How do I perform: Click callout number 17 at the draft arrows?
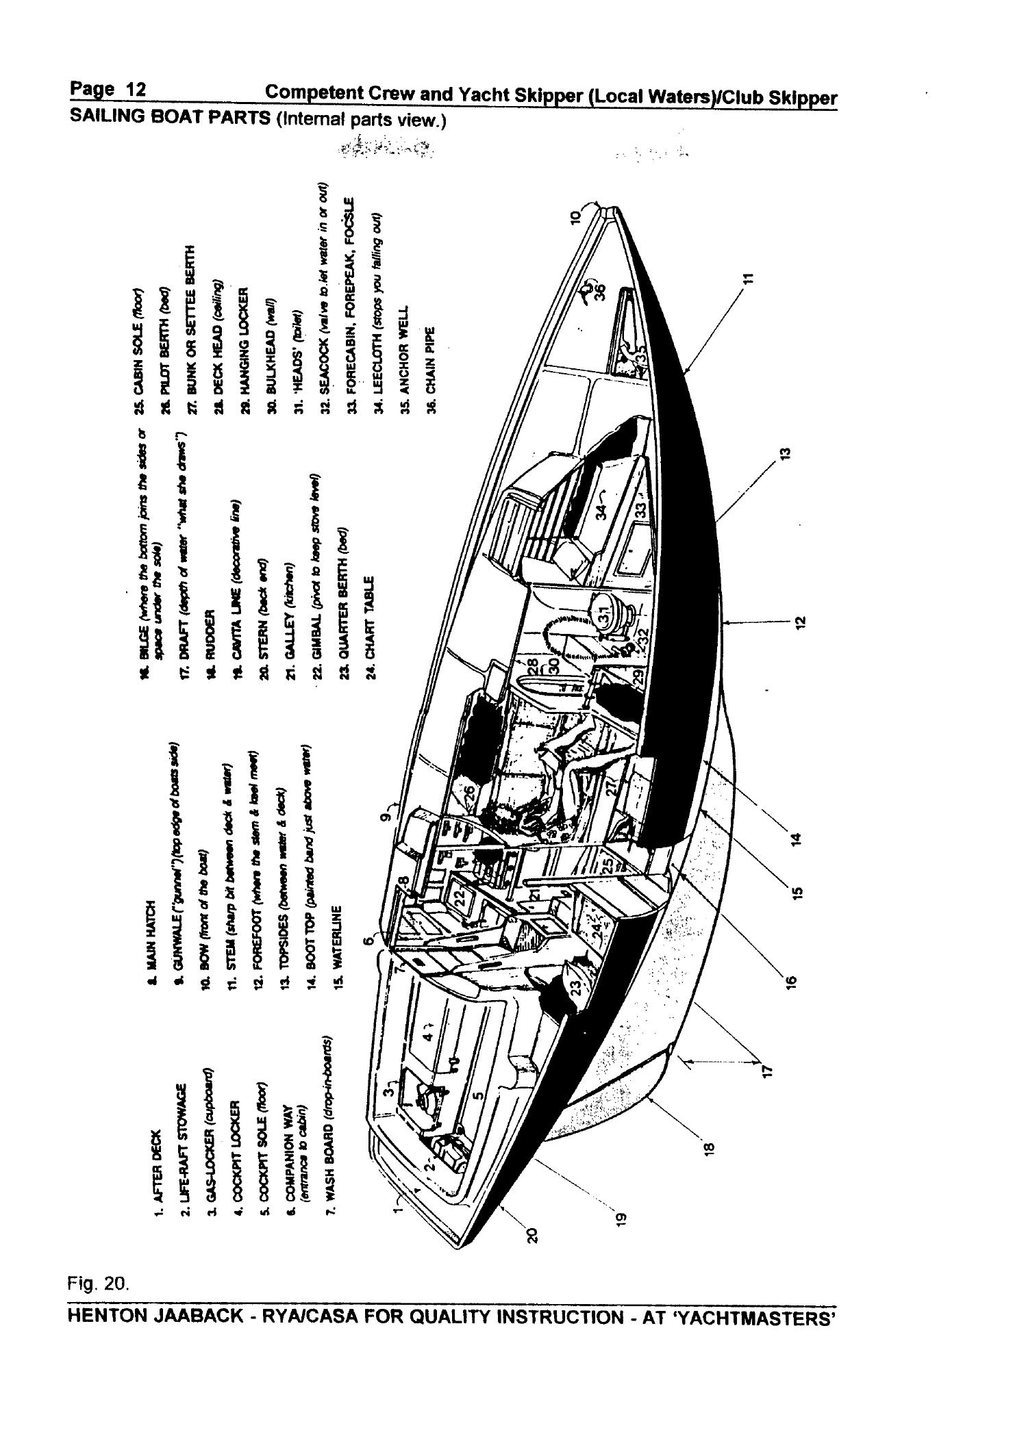(768, 1069)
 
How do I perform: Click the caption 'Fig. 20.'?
(99, 1285)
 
